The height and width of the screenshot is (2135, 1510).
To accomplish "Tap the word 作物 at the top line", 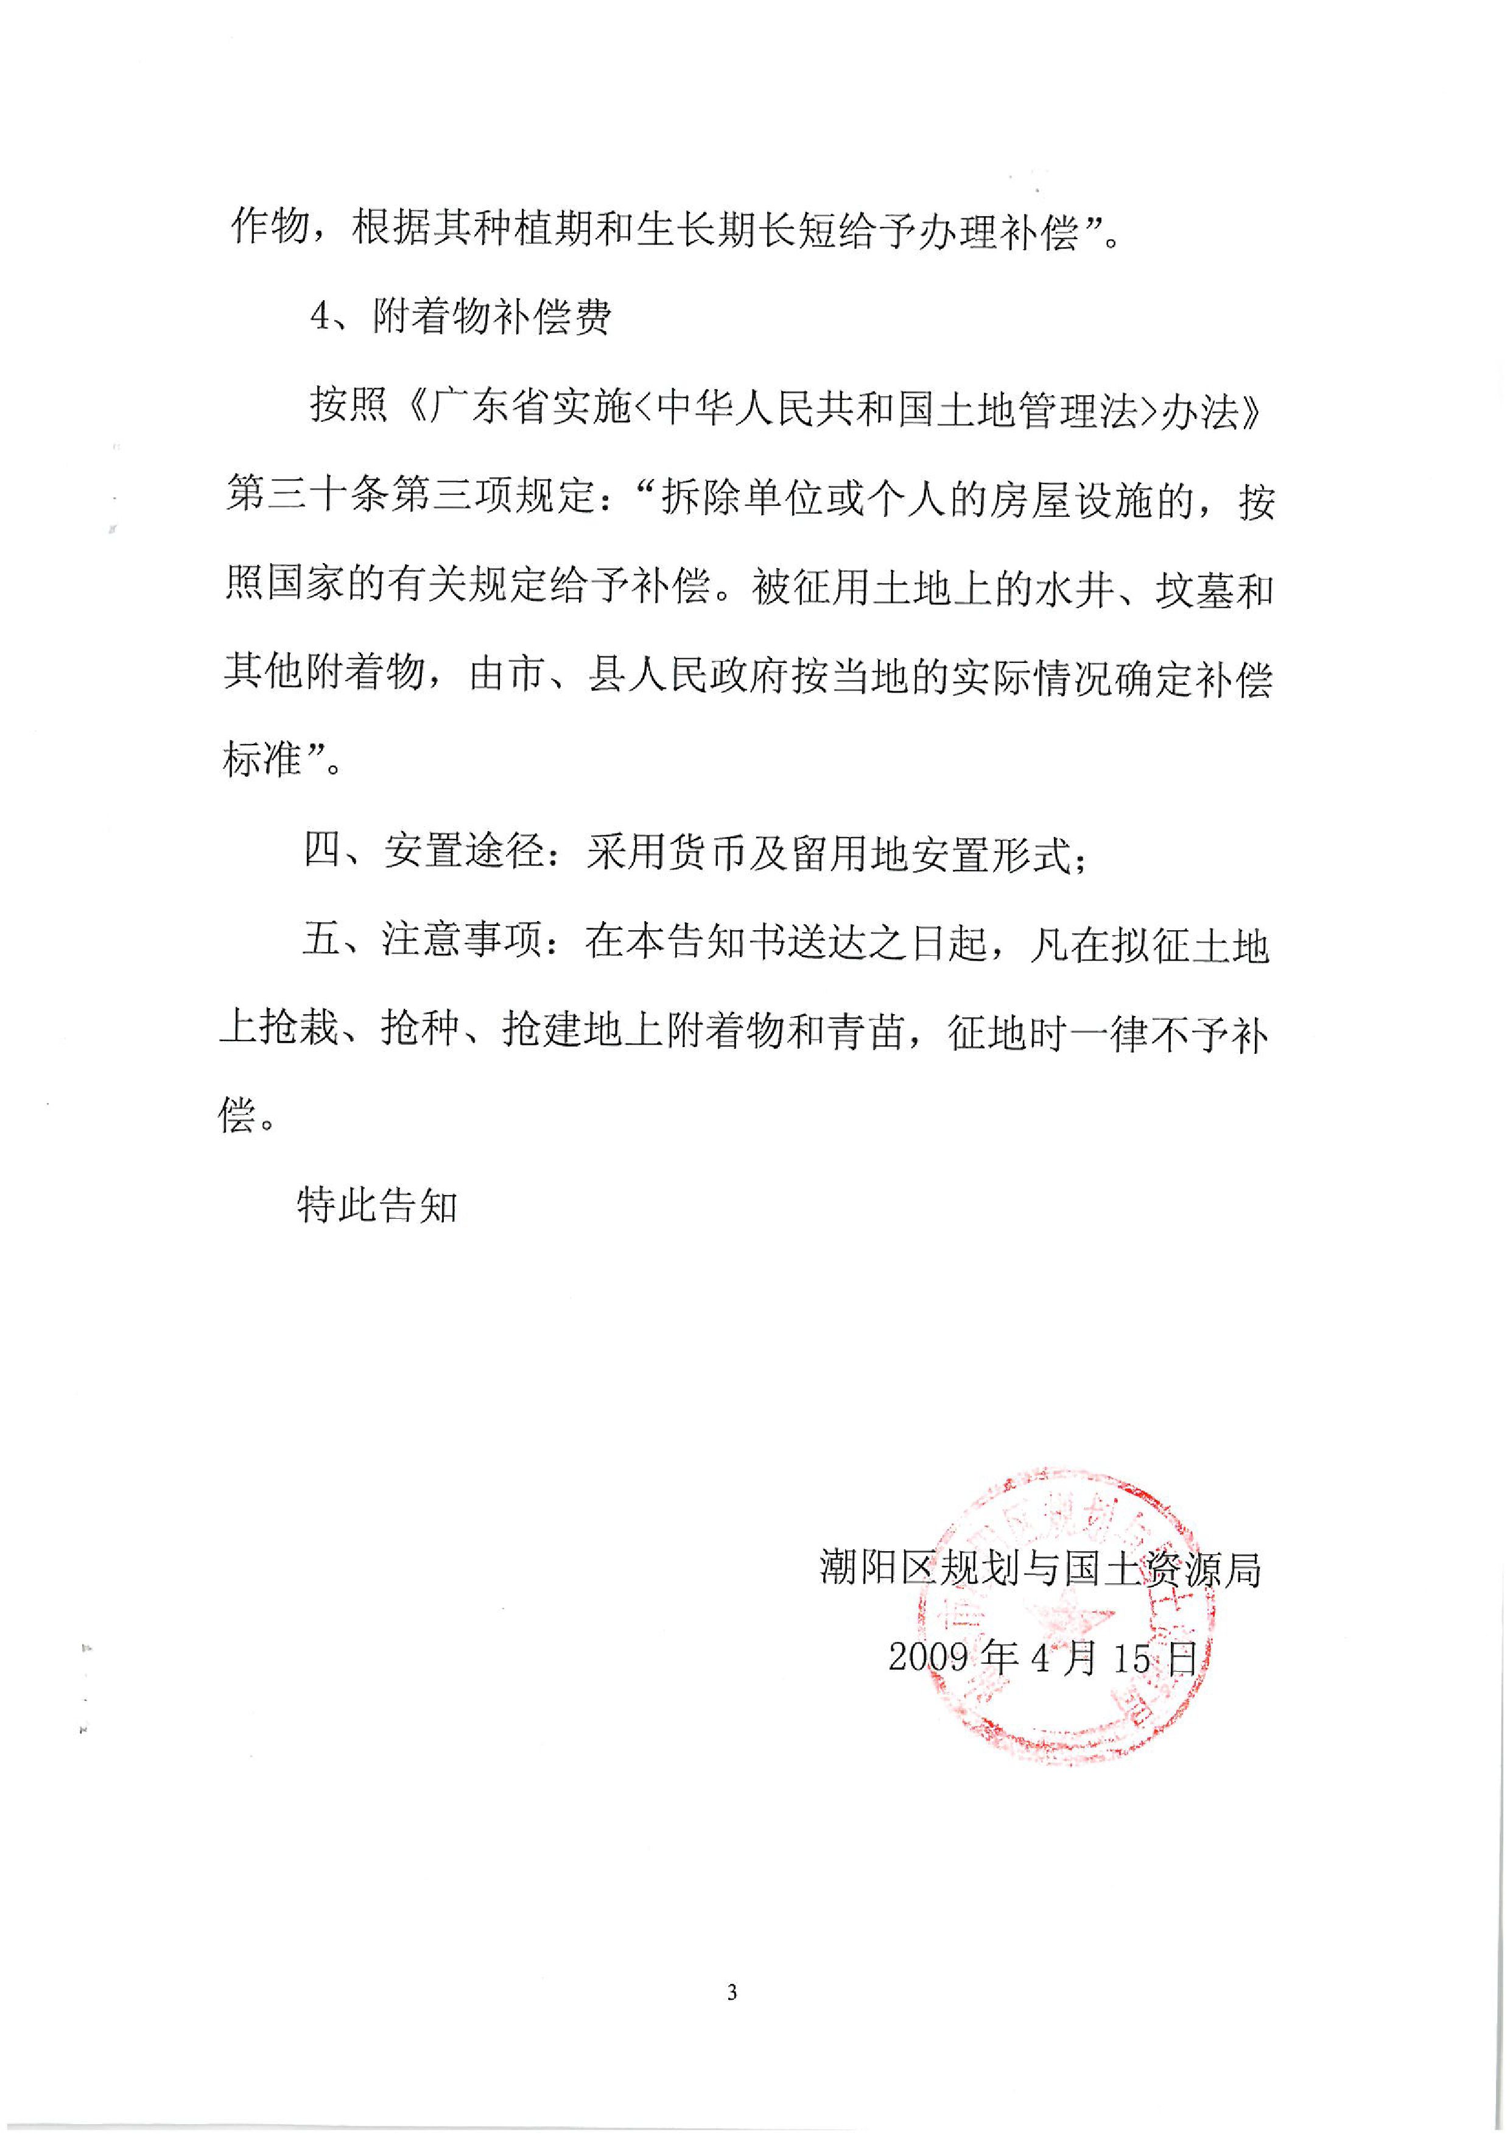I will tap(269, 228).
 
